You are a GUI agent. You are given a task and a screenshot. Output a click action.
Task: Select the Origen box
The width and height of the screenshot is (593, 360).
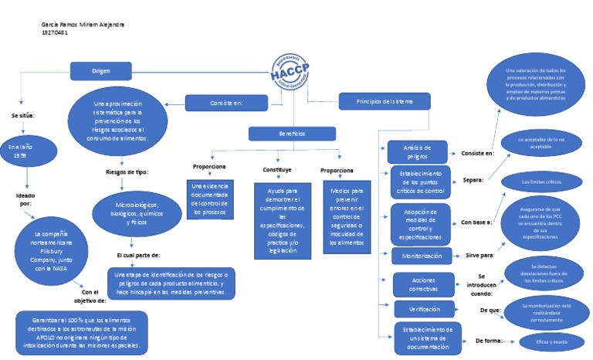101,71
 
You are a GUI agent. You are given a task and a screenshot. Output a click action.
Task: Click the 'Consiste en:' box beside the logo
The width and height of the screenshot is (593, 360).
226,102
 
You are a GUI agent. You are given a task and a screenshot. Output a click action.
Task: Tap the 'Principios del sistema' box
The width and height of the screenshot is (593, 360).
384,101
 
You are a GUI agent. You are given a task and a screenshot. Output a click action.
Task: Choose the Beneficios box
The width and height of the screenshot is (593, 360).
292,134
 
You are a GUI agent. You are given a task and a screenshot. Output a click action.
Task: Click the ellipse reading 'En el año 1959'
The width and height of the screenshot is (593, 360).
26,151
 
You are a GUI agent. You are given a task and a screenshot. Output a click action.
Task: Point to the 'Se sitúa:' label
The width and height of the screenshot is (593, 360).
24,115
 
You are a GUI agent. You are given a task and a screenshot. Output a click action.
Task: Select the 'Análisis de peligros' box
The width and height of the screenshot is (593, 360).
416,150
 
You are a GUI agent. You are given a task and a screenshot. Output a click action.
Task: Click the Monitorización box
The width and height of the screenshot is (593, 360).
422,255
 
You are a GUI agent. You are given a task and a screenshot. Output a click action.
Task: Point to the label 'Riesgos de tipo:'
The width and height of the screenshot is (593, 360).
127,172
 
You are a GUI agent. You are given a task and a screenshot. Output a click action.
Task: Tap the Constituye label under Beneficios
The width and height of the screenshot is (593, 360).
277,169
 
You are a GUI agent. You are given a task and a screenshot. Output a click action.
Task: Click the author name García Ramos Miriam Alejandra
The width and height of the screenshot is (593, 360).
83,25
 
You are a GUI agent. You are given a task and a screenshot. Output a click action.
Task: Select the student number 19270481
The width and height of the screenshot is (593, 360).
55,32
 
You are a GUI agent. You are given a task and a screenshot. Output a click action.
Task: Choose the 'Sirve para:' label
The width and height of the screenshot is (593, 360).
479,253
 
